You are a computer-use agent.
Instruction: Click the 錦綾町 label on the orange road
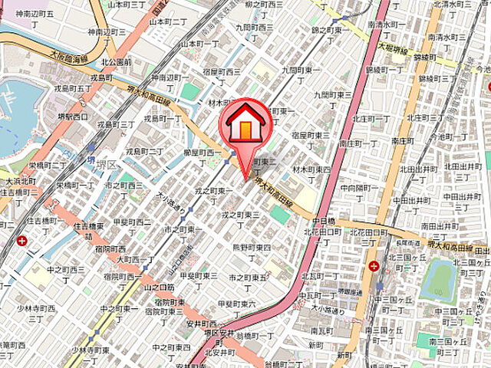(424, 58)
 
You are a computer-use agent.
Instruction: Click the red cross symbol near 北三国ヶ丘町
(374, 267)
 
